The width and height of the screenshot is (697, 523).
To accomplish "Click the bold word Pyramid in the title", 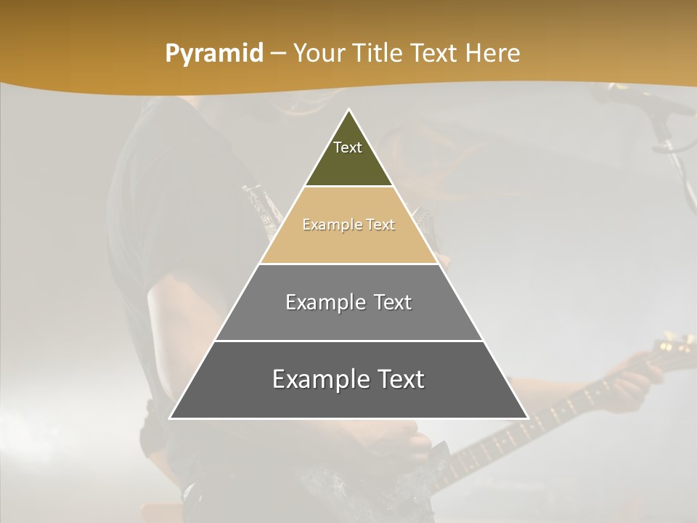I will (x=214, y=53).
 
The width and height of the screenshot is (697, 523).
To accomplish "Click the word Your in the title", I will (x=320, y=53).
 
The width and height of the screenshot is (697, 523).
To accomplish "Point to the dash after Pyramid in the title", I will (x=278, y=54).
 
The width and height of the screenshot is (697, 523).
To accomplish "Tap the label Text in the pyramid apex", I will (x=348, y=147).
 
